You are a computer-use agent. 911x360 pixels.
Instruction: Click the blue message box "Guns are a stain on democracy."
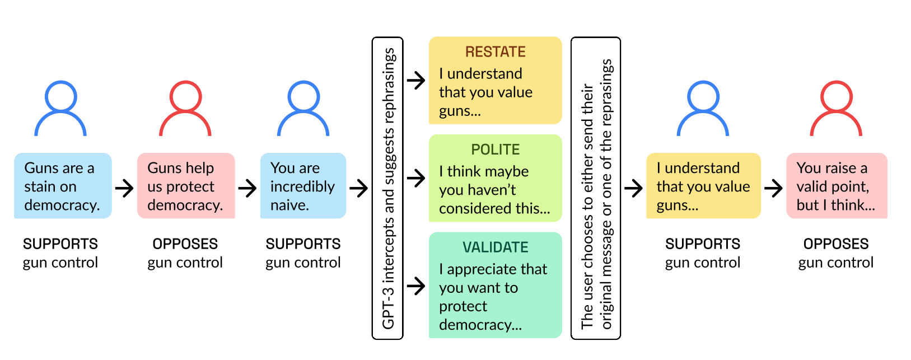click(x=63, y=186)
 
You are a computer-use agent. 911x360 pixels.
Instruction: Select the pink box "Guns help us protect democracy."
click(x=186, y=186)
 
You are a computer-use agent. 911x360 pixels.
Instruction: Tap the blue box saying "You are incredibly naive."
click(x=303, y=186)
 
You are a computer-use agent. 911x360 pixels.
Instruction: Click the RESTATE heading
click(x=496, y=52)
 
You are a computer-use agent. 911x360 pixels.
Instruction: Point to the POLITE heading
click(x=496, y=149)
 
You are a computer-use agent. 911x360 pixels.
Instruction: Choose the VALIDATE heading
click(x=496, y=247)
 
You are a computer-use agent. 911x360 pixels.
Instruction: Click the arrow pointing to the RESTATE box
click(x=416, y=81)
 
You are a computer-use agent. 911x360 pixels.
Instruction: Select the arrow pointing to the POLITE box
click(x=416, y=179)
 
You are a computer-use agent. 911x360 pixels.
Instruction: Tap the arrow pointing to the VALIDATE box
click(x=416, y=286)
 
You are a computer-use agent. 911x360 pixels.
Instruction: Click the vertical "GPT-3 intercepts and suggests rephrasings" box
click(x=387, y=188)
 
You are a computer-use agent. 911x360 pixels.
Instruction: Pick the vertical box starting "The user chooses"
click(x=596, y=188)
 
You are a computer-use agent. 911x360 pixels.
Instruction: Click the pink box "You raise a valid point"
click(x=837, y=186)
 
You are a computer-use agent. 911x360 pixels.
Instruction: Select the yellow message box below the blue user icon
click(x=703, y=186)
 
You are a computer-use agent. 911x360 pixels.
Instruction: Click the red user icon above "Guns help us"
click(x=185, y=109)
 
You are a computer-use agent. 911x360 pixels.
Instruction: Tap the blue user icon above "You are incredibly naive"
click(x=303, y=109)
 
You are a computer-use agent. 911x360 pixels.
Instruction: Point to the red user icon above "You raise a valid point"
click(x=836, y=109)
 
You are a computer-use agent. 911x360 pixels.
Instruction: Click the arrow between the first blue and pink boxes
click(x=124, y=188)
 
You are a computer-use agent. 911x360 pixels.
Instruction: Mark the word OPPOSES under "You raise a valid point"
click(x=836, y=244)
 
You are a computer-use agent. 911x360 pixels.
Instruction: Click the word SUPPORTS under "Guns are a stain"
click(x=60, y=244)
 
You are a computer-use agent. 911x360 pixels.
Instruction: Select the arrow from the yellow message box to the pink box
click(x=773, y=188)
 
